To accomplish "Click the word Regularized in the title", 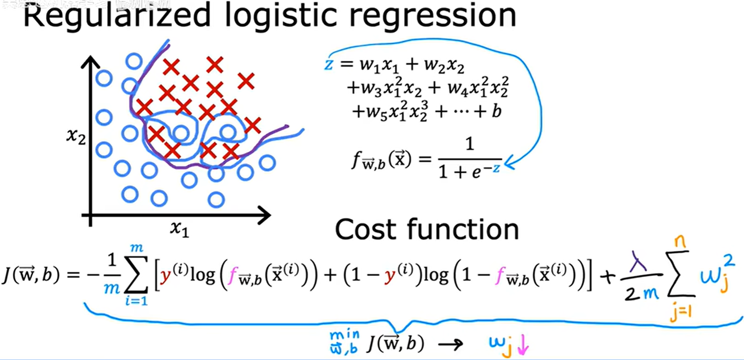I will (117, 16).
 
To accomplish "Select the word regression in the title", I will (433, 16).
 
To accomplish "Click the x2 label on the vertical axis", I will (76, 136).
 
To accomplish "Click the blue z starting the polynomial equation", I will (329, 65).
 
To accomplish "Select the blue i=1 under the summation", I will (136, 301).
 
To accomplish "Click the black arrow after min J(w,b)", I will (450, 344).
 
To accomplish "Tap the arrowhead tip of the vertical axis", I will (91, 57).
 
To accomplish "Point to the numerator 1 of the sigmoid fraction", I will (470, 144).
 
